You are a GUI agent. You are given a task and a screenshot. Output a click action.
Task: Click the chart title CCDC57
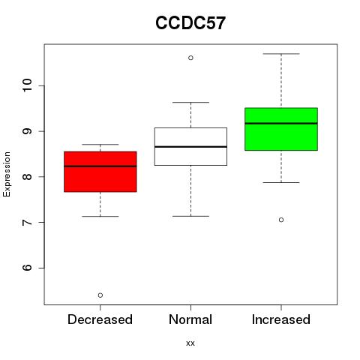point(190,23)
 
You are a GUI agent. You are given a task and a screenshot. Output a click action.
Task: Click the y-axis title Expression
point(7,174)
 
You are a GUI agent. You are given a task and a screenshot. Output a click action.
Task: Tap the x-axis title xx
point(190,343)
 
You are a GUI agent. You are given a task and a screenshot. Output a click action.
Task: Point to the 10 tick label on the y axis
point(28,85)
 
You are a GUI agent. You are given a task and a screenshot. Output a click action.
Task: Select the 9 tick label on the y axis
point(28,131)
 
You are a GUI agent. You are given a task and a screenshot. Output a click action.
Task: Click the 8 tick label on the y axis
point(28,177)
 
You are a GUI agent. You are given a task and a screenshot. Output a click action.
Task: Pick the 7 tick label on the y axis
point(28,222)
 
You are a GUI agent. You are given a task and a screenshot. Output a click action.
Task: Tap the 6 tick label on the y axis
point(28,268)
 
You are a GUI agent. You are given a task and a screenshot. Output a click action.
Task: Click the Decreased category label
point(100,319)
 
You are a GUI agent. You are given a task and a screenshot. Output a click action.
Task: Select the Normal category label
point(190,319)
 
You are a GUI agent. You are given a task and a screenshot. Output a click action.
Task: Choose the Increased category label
point(281,319)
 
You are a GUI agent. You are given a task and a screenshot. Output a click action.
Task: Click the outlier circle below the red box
point(100,295)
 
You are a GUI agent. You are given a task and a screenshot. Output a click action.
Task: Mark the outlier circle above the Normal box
point(190,58)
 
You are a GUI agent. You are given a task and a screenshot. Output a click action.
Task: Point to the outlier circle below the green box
point(281,220)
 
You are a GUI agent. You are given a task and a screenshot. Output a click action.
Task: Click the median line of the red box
point(100,166)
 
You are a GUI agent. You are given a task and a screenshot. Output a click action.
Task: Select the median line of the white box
point(190,147)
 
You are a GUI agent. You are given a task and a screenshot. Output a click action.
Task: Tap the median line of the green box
point(281,123)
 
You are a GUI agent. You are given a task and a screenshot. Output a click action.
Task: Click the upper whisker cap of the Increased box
point(281,54)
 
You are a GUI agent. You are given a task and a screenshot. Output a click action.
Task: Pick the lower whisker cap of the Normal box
point(190,216)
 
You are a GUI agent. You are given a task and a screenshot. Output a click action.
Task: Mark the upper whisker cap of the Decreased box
point(100,144)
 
